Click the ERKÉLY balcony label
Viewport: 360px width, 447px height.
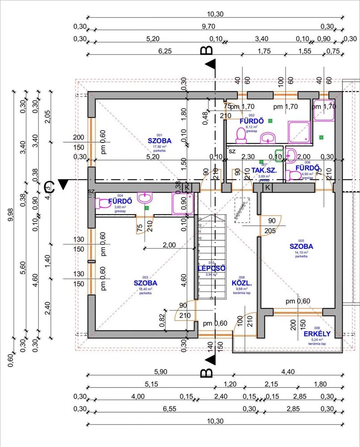317,333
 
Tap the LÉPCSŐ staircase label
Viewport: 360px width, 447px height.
212,268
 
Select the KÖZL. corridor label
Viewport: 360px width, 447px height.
242,283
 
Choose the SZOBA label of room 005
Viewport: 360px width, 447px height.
301,246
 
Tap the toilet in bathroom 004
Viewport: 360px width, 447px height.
103,203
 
